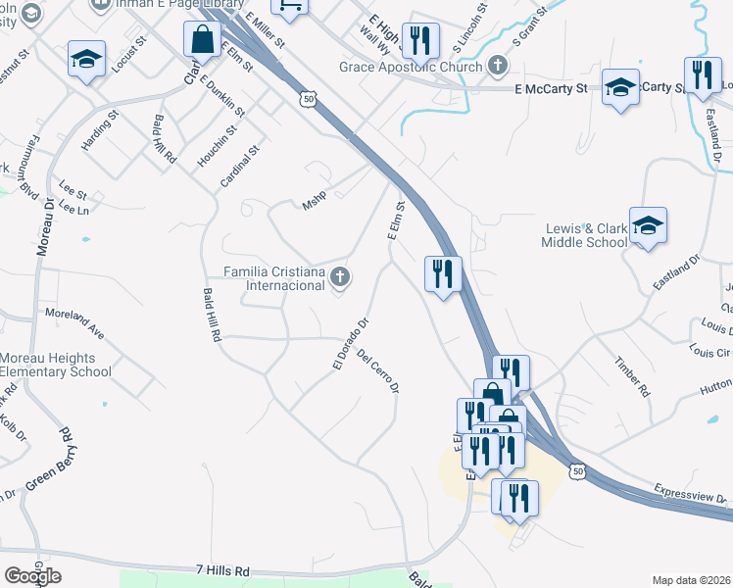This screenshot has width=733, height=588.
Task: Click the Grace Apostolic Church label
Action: coord(411,67)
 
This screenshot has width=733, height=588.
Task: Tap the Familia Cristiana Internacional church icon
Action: coord(340,277)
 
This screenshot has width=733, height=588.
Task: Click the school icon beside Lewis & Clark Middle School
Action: coord(648,226)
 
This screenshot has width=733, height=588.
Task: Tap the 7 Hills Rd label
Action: coord(222,569)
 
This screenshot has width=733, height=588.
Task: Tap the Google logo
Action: coord(32,575)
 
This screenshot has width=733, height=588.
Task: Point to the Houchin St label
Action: coord(217,145)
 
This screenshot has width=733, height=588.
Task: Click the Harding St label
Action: coord(99,129)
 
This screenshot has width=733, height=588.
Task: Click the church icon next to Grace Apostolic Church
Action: coord(499,67)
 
